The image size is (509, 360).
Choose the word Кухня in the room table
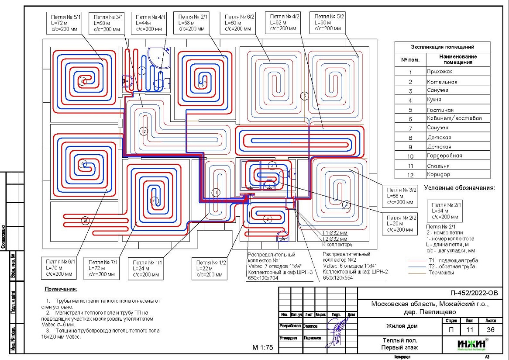coord(435,100)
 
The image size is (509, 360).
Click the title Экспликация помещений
coord(442,47)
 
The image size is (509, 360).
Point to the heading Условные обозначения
coord(461,189)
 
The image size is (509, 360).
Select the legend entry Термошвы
coord(440,273)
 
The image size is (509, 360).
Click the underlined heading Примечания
coord(61,289)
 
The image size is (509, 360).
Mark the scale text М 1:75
coord(262,348)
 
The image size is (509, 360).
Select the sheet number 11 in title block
coord(470,330)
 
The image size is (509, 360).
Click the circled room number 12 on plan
coord(144,131)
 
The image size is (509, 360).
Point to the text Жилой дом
coord(401,326)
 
